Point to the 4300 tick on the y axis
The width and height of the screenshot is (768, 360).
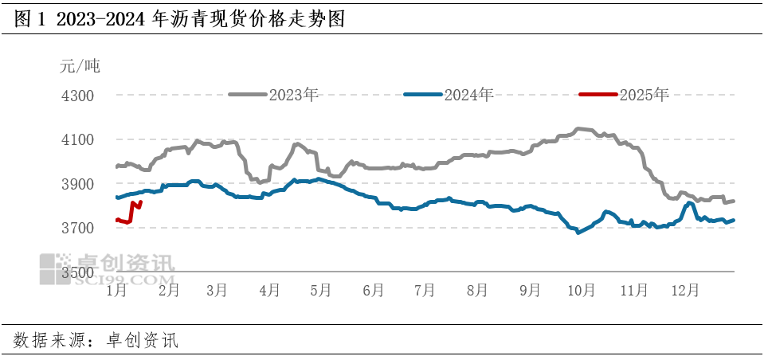(x=78, y=96)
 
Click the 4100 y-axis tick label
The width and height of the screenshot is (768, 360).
(x=78, y=140)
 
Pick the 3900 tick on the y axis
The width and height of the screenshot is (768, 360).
(x=78, y=184)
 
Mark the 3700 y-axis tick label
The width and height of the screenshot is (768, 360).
(x=78, y=229)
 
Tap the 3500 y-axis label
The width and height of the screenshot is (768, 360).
(x=78, y=272)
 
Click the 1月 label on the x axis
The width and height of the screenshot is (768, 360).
(x=116, y=290)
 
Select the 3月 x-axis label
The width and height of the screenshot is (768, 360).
(x=217, y=290)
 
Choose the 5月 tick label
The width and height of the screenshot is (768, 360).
(x=319, y=290)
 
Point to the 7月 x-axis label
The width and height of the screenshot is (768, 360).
(x=425, y=290)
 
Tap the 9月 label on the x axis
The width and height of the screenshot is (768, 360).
(x=529, y=290)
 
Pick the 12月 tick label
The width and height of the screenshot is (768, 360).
(x=684, y=290)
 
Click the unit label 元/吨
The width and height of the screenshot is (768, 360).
(x=80, y=65)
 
